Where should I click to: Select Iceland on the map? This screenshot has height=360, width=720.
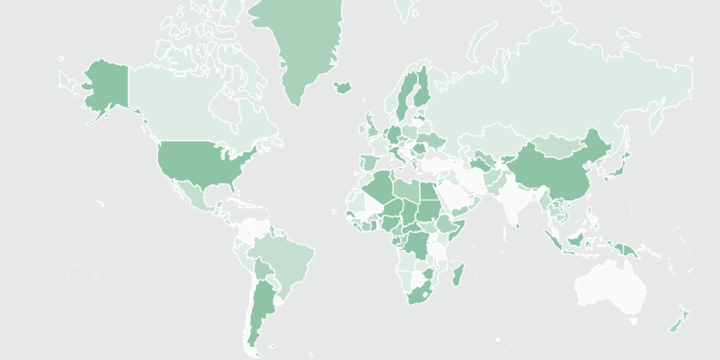342,87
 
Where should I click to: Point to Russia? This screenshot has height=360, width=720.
562,91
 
